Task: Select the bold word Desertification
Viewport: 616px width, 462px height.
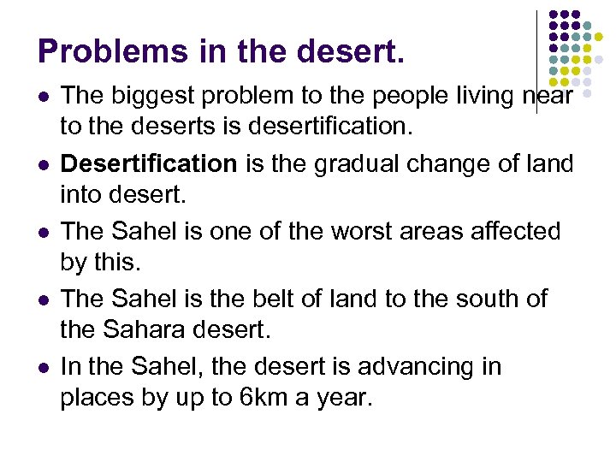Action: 148,163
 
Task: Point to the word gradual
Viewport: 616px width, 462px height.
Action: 346,163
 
